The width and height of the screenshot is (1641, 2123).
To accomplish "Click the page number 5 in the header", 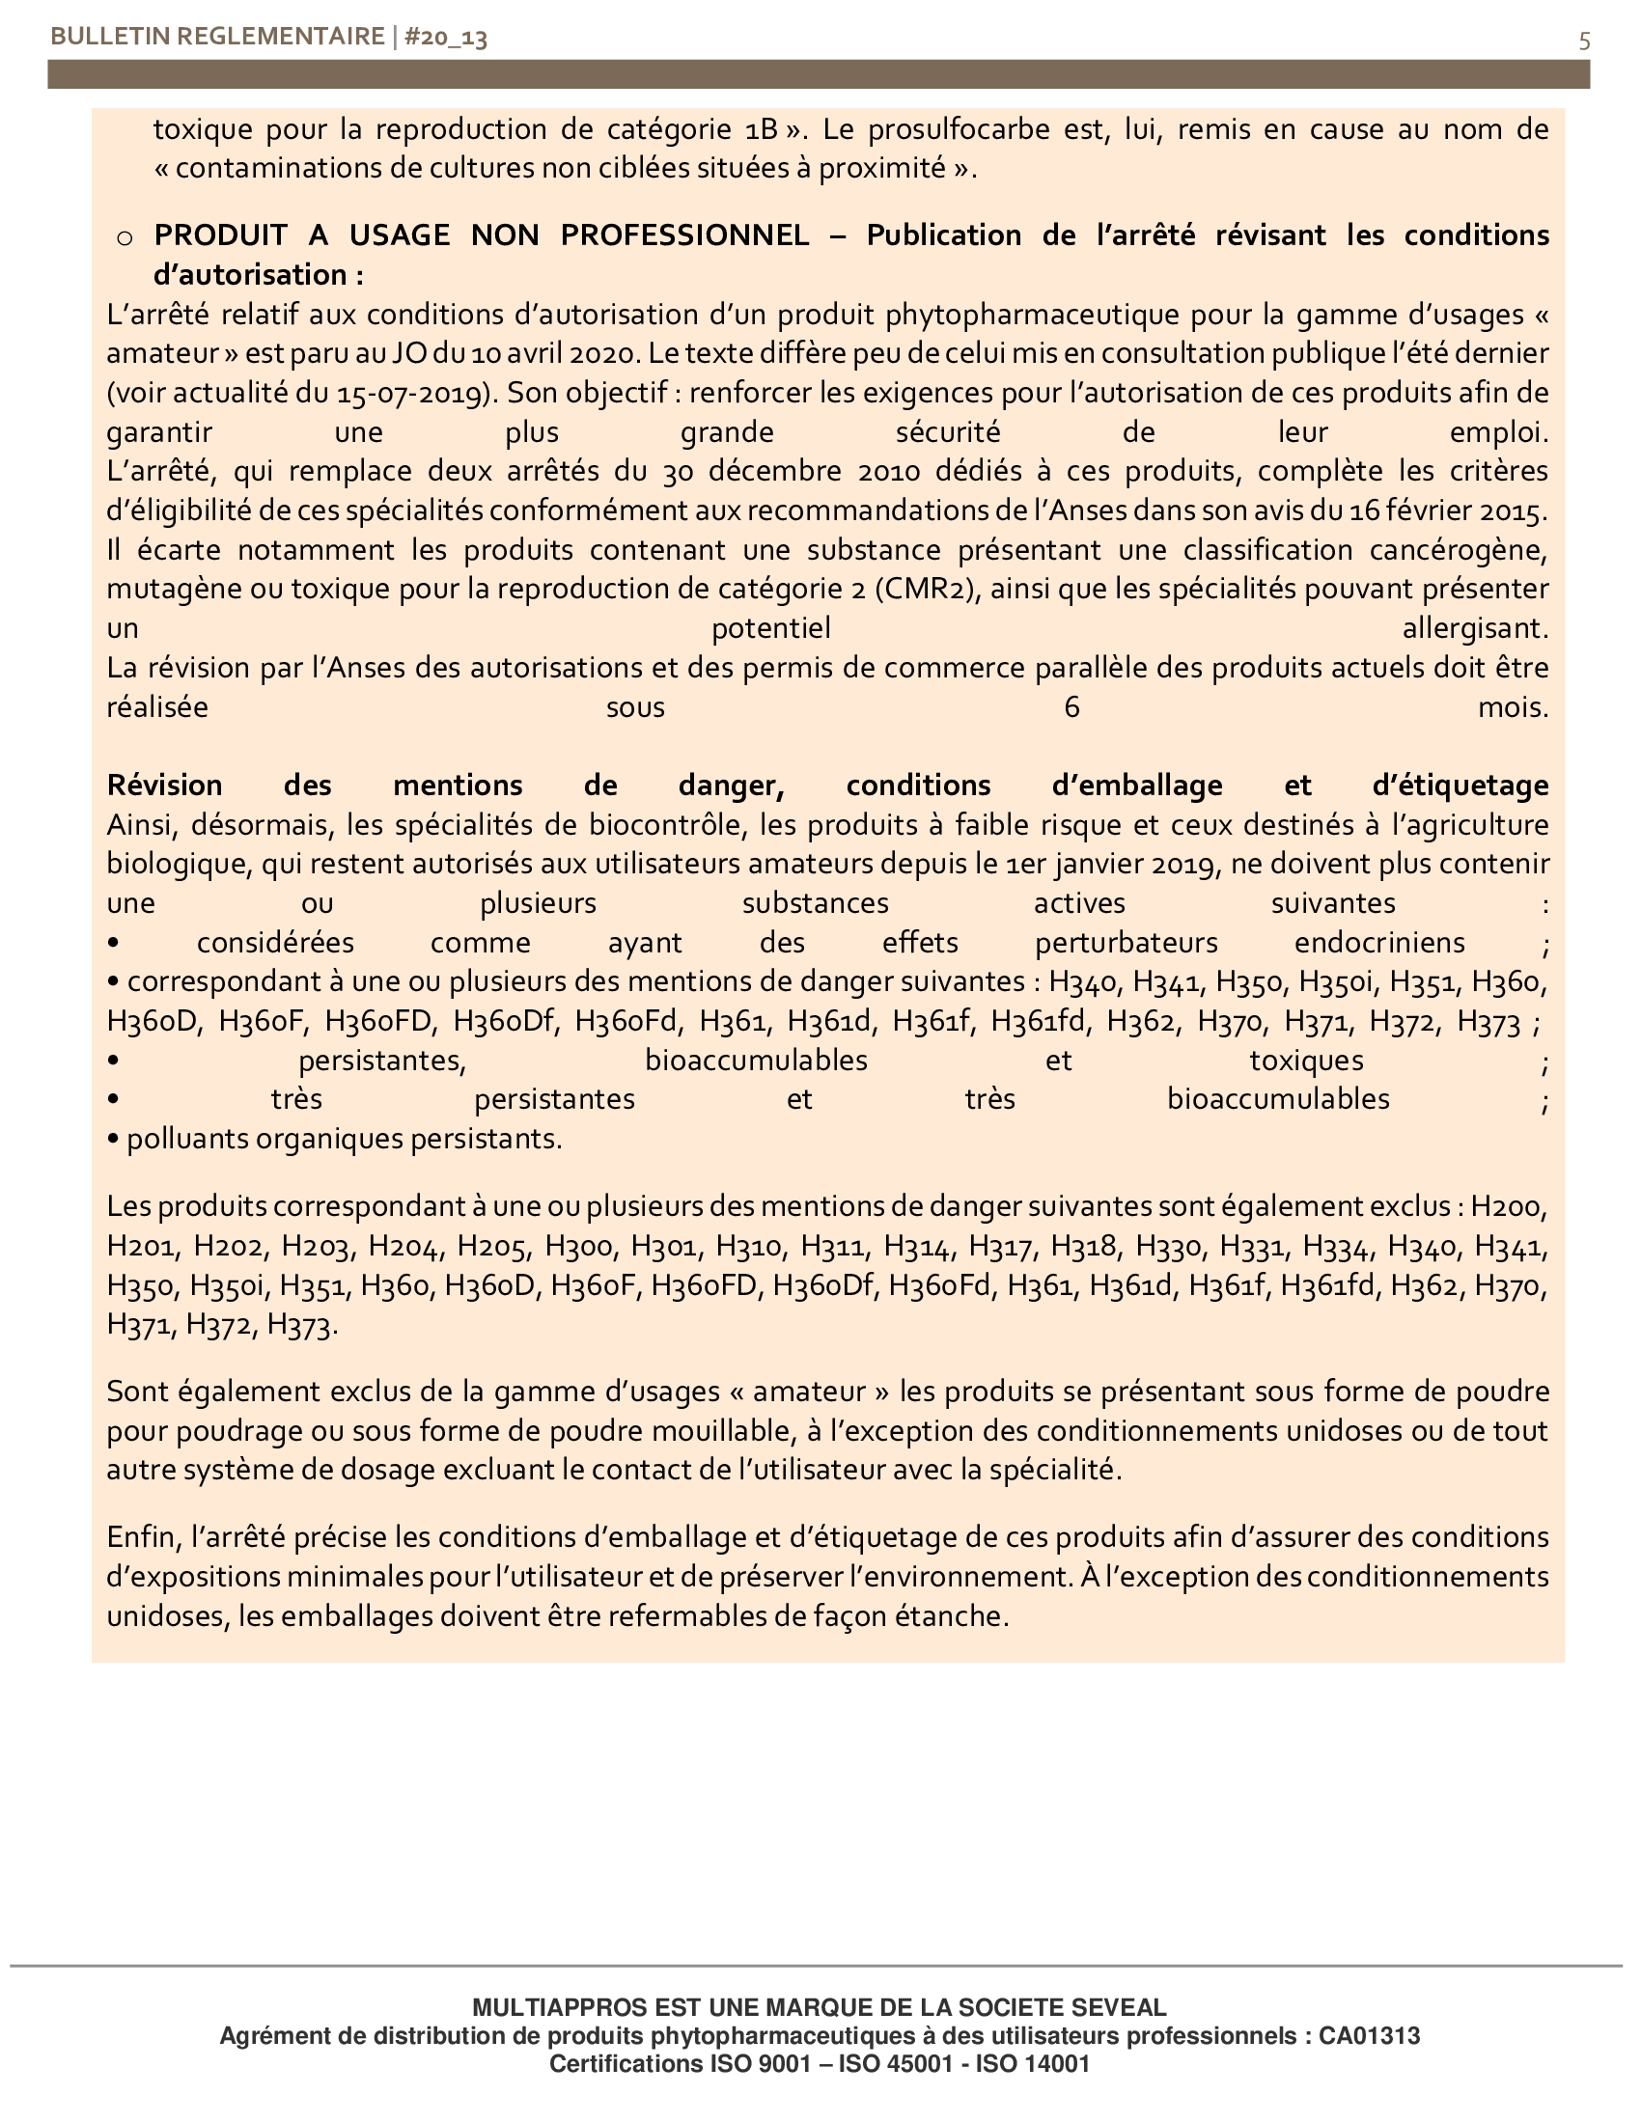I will pyautogui.click(x=1585, y=41).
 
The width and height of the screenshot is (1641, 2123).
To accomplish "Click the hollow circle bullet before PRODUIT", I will pyautogui.click(x=125, y=237).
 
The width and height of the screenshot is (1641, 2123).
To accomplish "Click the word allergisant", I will pyautogui.click(x=1474, y=629).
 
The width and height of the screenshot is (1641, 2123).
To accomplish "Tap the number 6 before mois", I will pyautogui.click(x=1071, y=706).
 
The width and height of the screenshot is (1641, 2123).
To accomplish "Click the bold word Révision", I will pyautogui.click(x=164, y=786).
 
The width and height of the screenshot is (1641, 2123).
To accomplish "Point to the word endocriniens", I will pyautogui.click(x=1379, y=943).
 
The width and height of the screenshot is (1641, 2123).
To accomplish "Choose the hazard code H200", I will pyautogui.click(x=1508, y=1207).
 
